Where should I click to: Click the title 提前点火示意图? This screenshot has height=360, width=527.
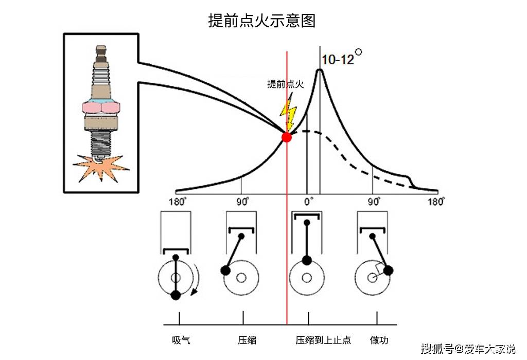pos(261,21)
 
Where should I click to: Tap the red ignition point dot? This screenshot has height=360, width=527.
pos(287,137)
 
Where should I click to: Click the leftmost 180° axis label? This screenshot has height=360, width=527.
pos(176,201)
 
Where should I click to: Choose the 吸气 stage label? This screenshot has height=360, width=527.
pos(181,340)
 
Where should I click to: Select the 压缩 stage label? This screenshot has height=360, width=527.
pos(247,340)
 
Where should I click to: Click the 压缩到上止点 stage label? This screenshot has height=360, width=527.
pos(323,340)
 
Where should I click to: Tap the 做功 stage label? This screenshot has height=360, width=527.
pos(379,340)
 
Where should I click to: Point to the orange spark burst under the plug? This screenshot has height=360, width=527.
pos(101,166)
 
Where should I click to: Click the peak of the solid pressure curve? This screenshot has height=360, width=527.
pos(320,70)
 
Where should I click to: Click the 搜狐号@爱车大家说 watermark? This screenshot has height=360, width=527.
pos(467,350)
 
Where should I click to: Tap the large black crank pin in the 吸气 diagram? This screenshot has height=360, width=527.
pos(175,295)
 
